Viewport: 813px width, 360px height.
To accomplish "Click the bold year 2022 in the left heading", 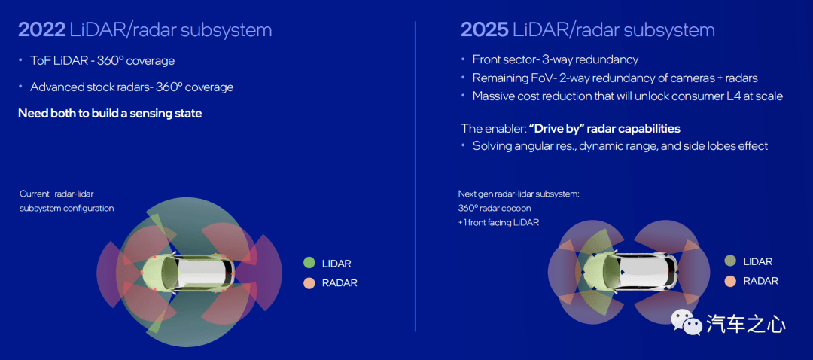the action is point(42,30).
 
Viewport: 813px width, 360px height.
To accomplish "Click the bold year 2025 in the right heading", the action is point(484,30).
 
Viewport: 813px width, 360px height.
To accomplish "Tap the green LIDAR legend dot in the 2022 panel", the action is point(309,263).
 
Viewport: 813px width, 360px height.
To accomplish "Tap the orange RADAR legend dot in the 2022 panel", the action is point(309,283).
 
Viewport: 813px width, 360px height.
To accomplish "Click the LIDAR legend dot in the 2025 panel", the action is point(730,261).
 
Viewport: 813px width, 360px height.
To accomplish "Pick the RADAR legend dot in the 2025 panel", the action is point(730,281).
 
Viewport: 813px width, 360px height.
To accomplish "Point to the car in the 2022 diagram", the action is point(187,273).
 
